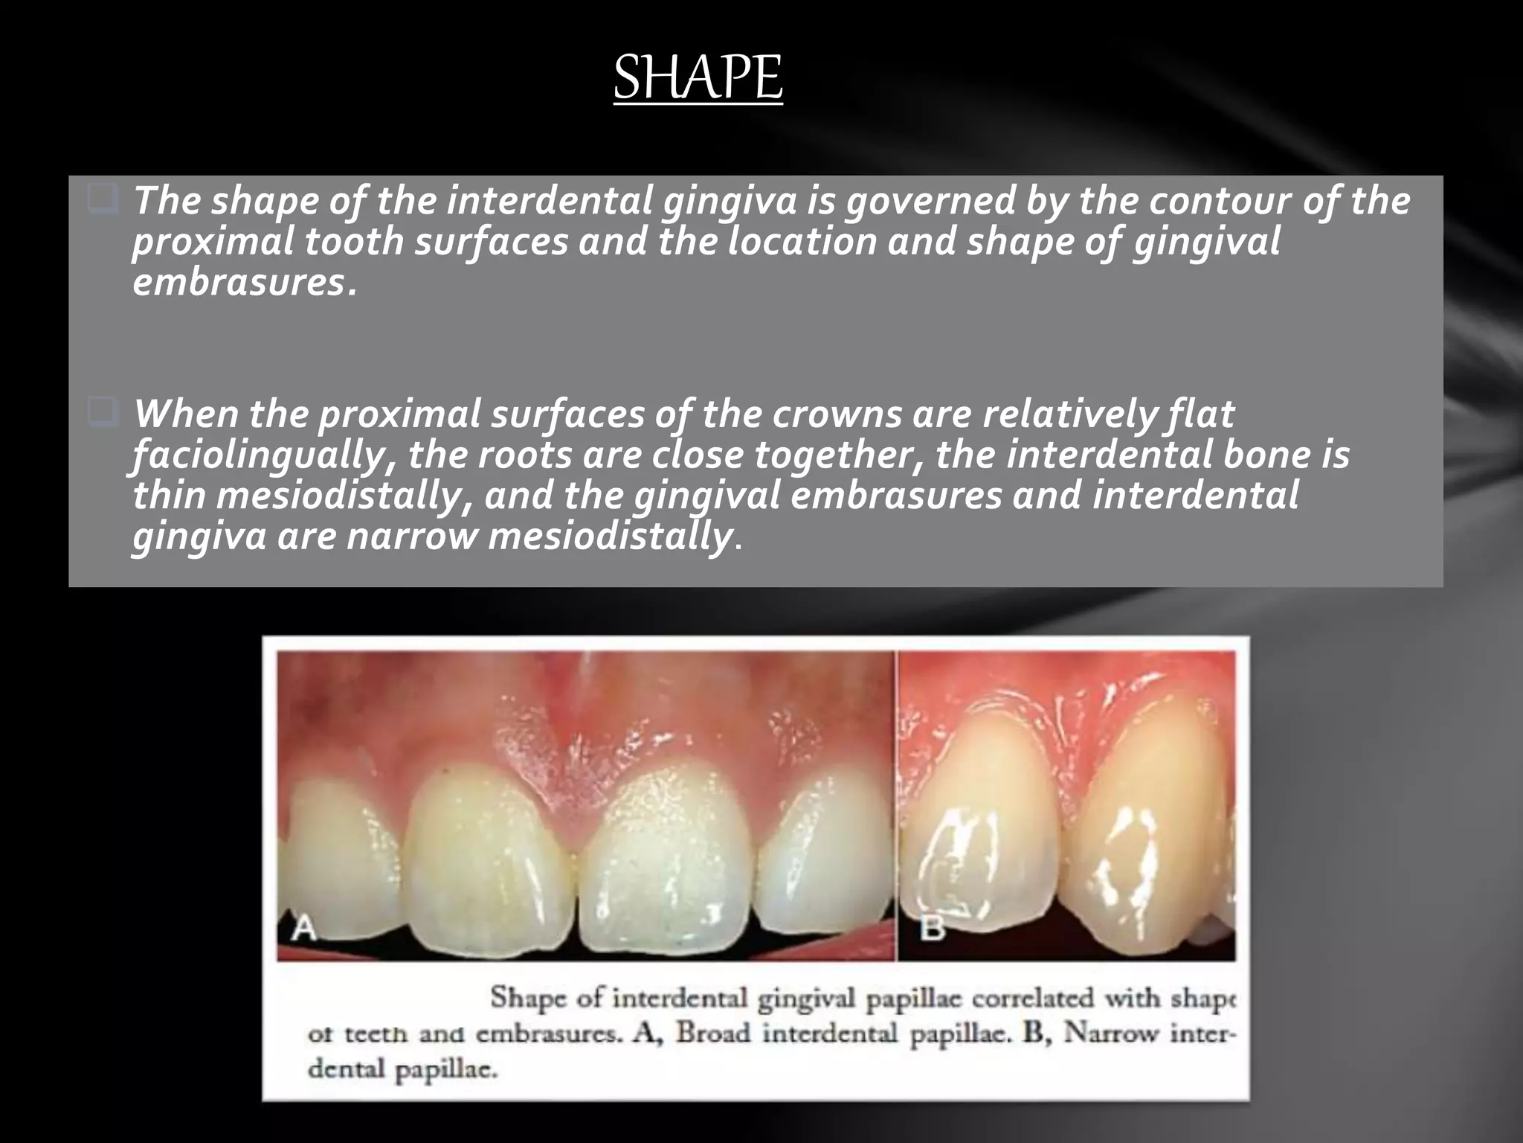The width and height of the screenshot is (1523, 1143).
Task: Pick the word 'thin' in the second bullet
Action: tap(168, 496)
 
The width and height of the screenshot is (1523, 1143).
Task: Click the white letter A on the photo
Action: tap(303, 928)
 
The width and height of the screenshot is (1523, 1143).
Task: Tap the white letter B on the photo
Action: tap(932, 928)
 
